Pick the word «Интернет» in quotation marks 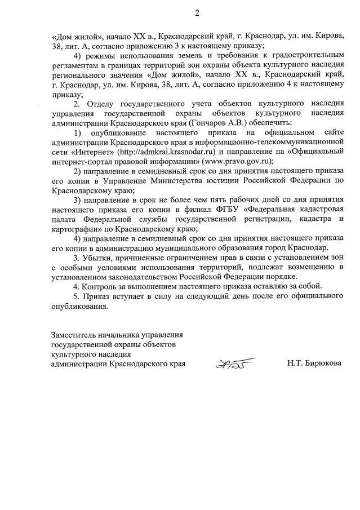[90, 152]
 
